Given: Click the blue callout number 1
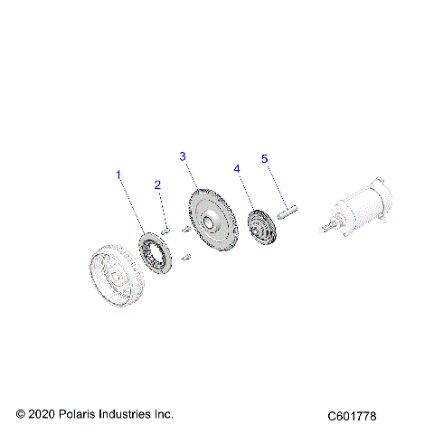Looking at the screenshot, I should click(x=118, y=173).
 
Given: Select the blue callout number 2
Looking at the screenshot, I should click(x=157, y=185).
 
